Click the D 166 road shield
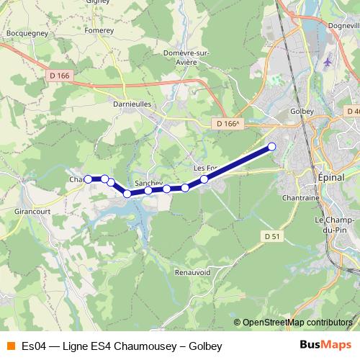tap(62, 74)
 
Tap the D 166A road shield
tap(228, 124)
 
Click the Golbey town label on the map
tap(300, 112)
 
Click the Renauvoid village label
tap(192, 273)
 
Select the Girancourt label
tap(31, 212)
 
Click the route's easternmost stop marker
tap(272, 147)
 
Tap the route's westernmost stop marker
tap(89, 179)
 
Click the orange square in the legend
tap(10, 346)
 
